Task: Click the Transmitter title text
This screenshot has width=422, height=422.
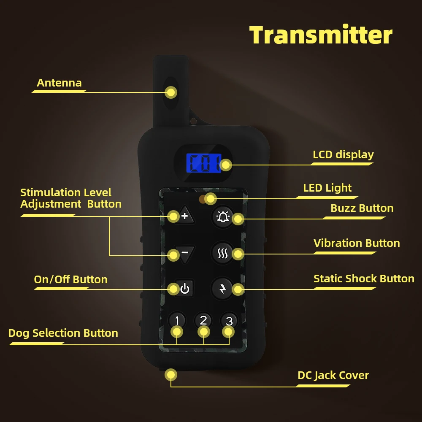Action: click(x=321, y=35)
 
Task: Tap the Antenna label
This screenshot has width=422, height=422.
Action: click(x=59, y=83)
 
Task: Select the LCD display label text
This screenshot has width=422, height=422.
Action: click(x=343, y=154)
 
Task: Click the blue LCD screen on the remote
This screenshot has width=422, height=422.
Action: click(x=203, y=162)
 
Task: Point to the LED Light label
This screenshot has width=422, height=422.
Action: click(x=327, y=188)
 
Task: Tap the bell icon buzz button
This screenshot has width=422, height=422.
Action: click(x=222, y=217)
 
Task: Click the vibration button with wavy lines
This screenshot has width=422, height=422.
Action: click(x=222, y=253)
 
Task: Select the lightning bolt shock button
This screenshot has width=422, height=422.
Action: click(x=222, y=289)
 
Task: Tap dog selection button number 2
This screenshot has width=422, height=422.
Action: click(x=203, y=320)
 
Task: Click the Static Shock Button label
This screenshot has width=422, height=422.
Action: click(x=364, y=279)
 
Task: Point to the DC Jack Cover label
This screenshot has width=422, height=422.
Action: click(x=333, y=375)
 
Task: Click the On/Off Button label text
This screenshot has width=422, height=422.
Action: click(x=70, y=279)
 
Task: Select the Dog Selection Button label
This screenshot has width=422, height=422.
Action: click(x=63, y=333)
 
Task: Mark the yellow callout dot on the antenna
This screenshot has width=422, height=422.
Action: click(x=171, y=92)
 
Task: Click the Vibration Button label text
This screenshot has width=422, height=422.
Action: click(x=357, y=243)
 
